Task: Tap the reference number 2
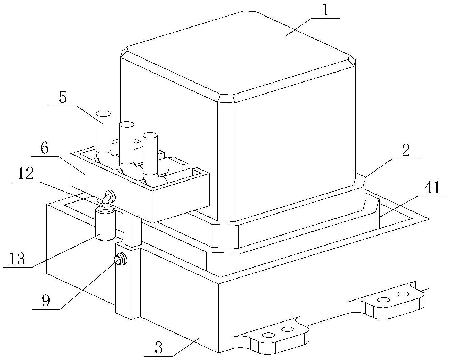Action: tap(406, 151)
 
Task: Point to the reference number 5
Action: tap(63, 98)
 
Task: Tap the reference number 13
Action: tap(17, 259)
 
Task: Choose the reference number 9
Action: tap(46, 301)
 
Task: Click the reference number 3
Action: tap(158, 348)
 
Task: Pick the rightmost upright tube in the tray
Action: tap(150, 151)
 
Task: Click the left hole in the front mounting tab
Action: tap(267, 335)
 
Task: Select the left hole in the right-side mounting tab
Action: tap(382, 299)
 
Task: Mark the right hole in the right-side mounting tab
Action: tap(402, 294)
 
